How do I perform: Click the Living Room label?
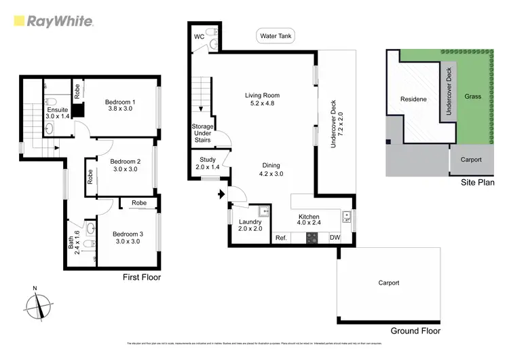click(262, 100)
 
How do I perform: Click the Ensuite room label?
click(58, 113)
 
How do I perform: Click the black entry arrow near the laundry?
click(220, 196)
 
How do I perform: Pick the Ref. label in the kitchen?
click(281, 238)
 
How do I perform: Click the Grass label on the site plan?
click(472, 96)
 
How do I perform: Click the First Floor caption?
click(140, 276)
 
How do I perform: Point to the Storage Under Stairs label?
click(202, 133)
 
